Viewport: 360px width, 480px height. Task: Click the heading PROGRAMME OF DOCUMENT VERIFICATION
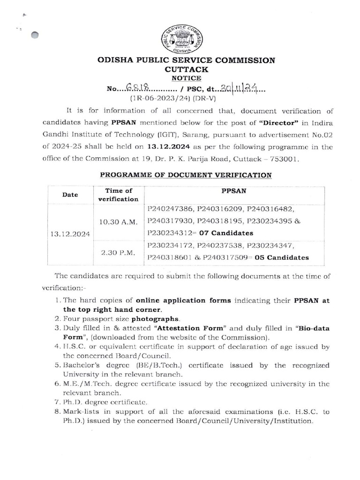(186, 175)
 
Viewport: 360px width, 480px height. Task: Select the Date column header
(70, 195)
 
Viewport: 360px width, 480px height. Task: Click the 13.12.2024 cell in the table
(70, 232)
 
